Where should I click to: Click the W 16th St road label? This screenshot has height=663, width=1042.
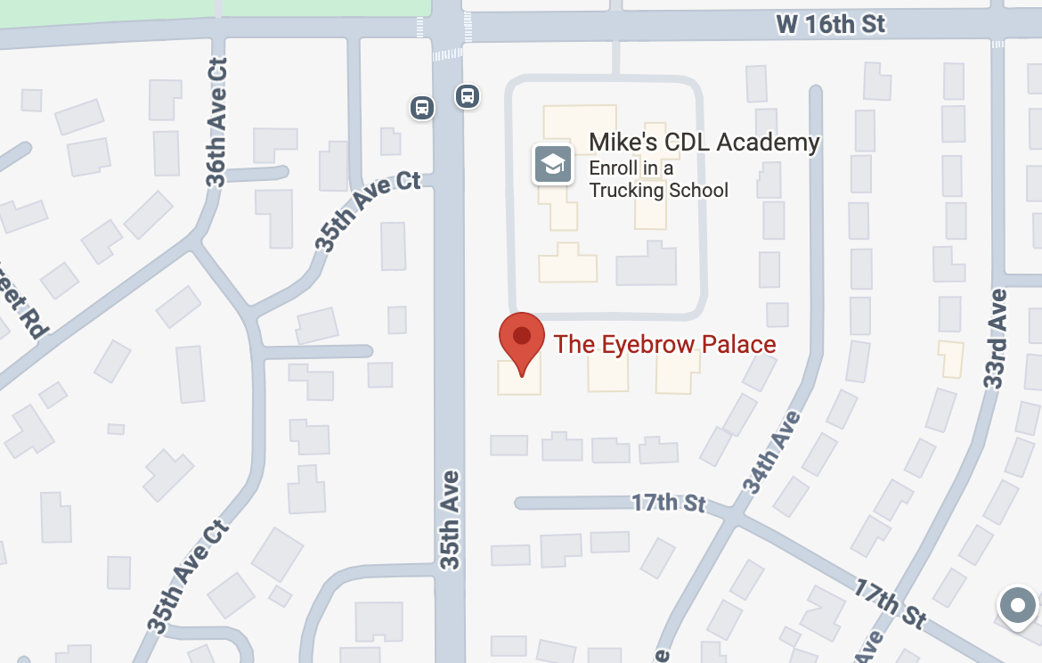coord(831,24)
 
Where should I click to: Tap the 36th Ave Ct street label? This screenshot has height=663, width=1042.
coord(217,122)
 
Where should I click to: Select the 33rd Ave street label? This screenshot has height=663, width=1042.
coord(996,339)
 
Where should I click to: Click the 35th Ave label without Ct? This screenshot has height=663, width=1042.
coord(452,520)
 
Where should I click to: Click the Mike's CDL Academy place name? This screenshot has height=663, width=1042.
coord(704,142)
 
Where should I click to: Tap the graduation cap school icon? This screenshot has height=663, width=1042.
coord(552,164)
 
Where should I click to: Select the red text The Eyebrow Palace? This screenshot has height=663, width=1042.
coord(664,344)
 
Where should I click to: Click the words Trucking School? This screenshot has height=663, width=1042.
coord(658,190)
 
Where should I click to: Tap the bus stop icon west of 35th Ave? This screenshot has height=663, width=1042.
coord(422,108)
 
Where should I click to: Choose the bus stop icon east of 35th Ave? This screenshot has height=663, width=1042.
coord(467,95)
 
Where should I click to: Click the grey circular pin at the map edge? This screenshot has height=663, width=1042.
coord(1018,607)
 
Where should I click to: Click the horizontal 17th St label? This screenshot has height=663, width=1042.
coord(668,503)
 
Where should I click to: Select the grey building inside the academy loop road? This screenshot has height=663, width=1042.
coord(646,265)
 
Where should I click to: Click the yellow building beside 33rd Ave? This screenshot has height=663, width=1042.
coord(951,357)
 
